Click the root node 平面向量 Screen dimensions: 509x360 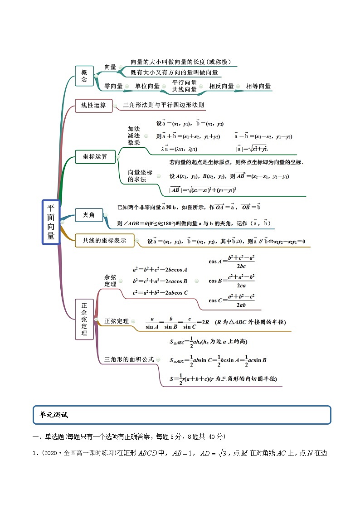click(x=51, y=222)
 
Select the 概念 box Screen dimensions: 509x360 click(x=84, y=75)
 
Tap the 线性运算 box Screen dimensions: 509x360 click(x=93, y=106)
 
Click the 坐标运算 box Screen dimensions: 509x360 click(x=95, y=157)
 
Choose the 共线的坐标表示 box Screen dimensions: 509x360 click(x=104, y=241)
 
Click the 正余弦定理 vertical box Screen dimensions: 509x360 click(x=84, y=319)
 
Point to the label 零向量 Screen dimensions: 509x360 click(x=113, y=86)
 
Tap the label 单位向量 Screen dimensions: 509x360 click(x=147, y=86)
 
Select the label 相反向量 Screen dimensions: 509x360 click(x=221, y=86)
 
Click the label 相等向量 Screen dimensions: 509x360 click(x=258, y=86)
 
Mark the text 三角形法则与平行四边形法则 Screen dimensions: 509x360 click(x=164, y=105)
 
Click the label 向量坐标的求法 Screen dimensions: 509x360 click(x=140, y=176)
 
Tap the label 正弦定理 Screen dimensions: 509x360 click(x=117, y=321)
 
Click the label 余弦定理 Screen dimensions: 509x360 click(x=110, y=280)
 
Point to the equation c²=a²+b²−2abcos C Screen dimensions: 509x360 click(x=160, y=293)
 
